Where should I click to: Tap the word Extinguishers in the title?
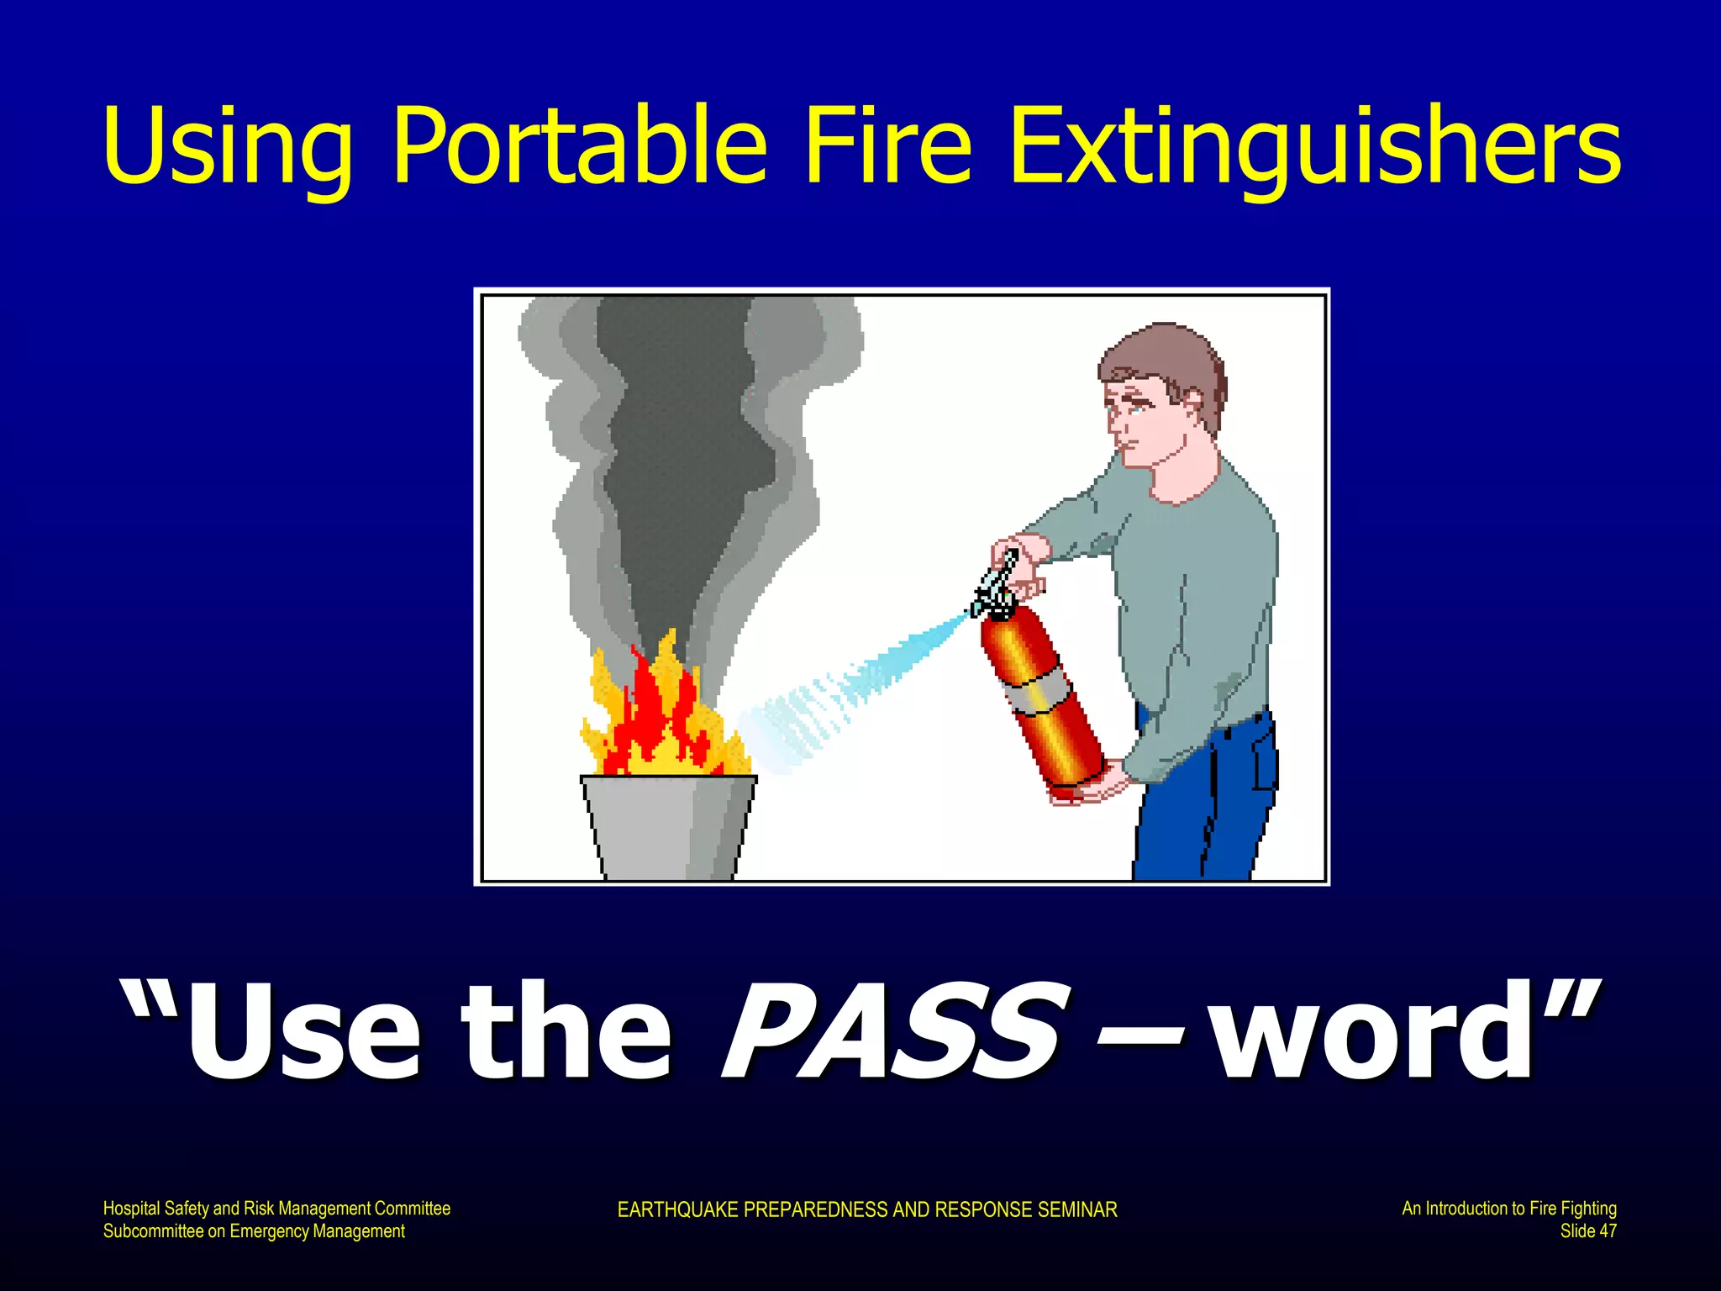pyautogui.click(x=1314, y=147)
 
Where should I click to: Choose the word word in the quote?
pyautogui.click(x=1378, y=1032)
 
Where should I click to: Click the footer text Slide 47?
pyautogui.click(x=1587, y=1231)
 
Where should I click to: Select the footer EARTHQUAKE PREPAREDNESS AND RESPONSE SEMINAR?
pyautogui.click(x=866, y=1209)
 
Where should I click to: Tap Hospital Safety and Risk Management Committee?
pyautogui.click(x=276, y=1209)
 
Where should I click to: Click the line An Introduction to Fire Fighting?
pyautogui.click(x=1508, y=1209)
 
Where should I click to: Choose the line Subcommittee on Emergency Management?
pyautogui.click(x=254, y=1231)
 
